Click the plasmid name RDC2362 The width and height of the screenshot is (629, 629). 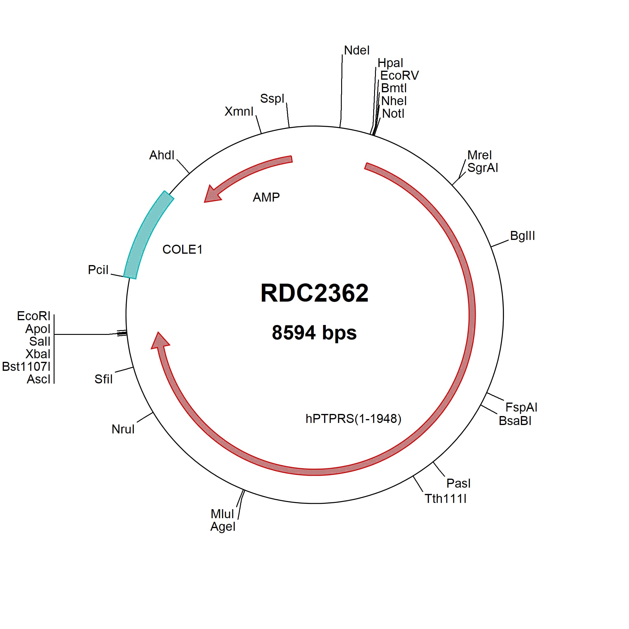point(314,293)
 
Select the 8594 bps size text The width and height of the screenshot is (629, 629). point(314,333)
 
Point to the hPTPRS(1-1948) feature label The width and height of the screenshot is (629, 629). point(353,419)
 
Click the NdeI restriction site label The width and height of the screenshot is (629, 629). point(357,50)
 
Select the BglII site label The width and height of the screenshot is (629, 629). point(522,236)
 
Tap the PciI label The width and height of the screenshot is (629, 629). point(98,270)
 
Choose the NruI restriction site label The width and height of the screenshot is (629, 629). point(123,429)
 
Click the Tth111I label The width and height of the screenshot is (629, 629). point(445,499)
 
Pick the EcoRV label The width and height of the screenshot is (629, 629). point(400,75)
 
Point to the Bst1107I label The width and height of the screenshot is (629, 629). point(26,367)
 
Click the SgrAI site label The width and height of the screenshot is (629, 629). point(483,168)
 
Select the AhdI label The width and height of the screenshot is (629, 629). point(162,155)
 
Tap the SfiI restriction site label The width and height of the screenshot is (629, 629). point(104,379)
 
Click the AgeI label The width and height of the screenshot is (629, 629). point(223,527)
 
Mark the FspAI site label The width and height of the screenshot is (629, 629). point(521,407)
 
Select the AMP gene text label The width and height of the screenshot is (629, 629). point(266,197)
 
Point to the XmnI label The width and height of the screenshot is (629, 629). point(239,112)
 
